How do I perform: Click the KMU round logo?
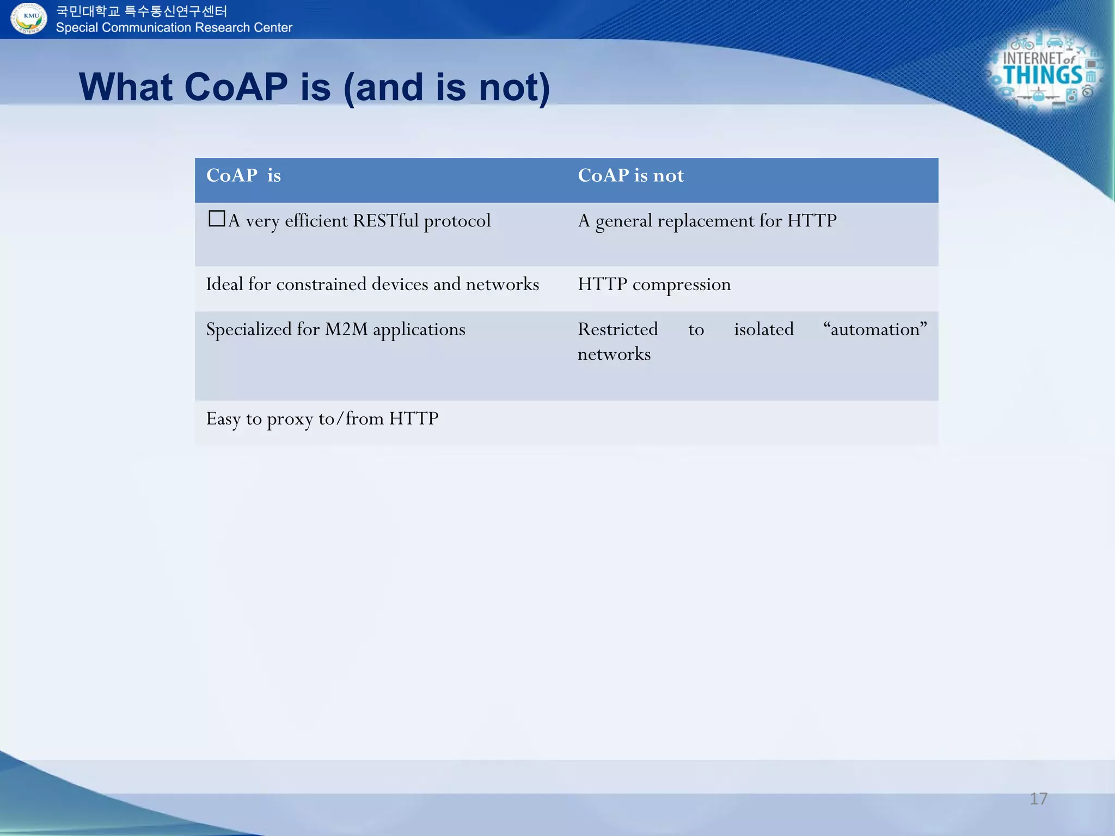[29, 18]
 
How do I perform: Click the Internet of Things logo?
[1044, 71]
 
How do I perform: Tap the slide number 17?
[1038, 798]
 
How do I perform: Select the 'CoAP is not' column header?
[630, 175]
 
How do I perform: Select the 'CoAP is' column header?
[243, 175]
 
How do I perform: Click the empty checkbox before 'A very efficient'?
[217, 219]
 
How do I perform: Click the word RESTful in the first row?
[385, 220]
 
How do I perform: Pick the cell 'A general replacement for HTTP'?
[707, 221]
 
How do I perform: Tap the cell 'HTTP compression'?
[654, 284]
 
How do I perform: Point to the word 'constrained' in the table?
[321, 284]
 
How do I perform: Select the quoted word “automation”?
[875, 329]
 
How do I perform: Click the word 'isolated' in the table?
[763, 329]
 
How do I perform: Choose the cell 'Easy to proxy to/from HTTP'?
[322, 419]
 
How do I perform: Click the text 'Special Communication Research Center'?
[174, 28]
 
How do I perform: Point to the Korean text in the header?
[142, 11]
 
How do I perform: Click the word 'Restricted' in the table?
[617, 329]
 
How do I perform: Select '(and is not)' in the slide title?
[446, 88]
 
